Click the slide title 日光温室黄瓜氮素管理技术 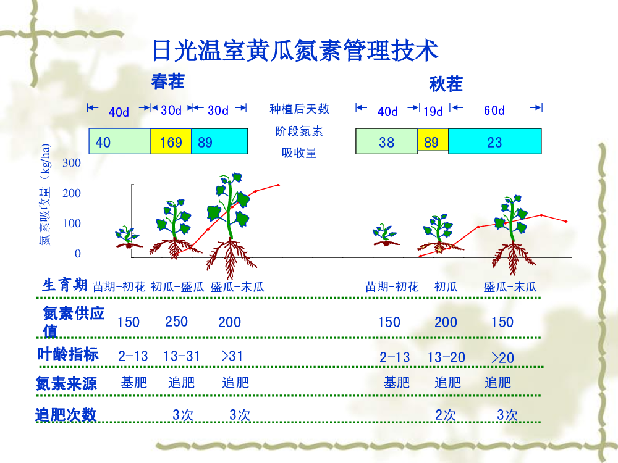tap(295, 51)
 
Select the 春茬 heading tap(168, 81)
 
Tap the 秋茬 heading tap(446, 84)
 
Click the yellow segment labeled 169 tap(171, 141)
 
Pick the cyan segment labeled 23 tap(494, 141)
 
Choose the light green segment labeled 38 tap(386, 141)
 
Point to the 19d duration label tap(433, 111)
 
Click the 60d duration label tap(494, 111)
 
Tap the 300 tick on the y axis tap(71, 162)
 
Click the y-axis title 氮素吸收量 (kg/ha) tap(45, 194)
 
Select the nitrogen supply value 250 tap(176, 322)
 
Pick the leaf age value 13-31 tap(181, 356)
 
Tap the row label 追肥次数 tap(66, 415)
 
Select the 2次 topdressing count tap(446, 415)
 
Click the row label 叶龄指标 tap(67, 354)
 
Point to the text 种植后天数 tap(299, 109)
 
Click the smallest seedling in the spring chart tap(128, 238)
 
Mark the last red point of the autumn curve tap(566, 222)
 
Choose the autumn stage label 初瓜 tap(446, 286)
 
